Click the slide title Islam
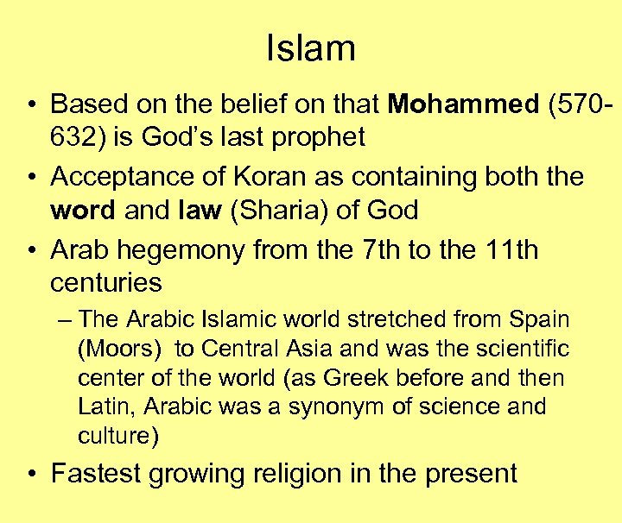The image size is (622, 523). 311,47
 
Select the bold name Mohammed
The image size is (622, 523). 463,104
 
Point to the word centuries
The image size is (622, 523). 106,282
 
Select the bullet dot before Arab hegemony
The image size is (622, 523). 31,251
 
